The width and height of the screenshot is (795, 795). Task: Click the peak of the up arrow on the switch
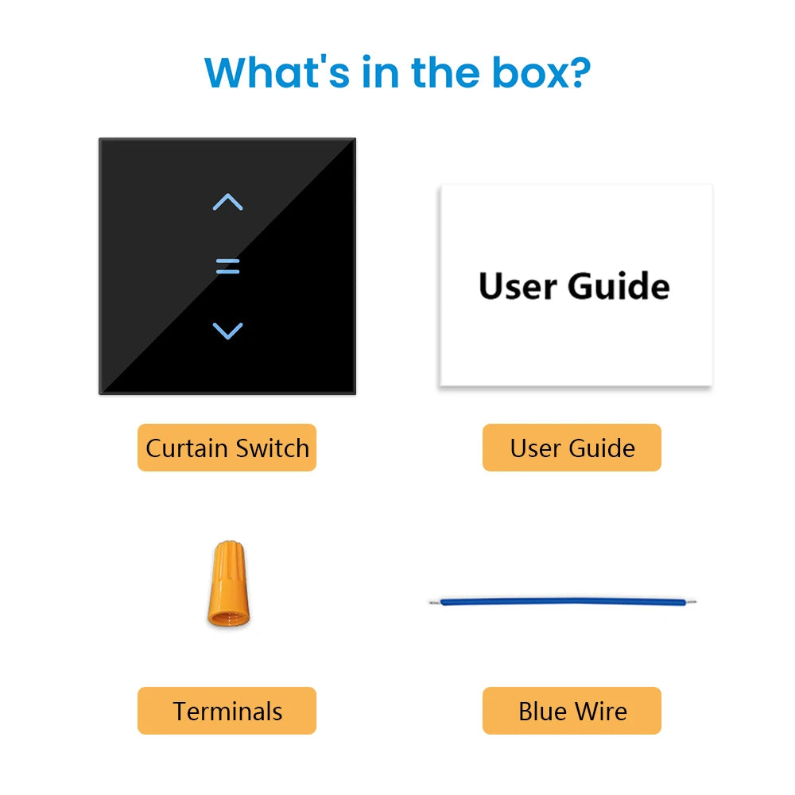tap(227, 194)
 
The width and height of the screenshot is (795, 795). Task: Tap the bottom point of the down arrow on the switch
tap(227, 338)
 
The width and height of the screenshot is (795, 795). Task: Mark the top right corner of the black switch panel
tap(355, 138)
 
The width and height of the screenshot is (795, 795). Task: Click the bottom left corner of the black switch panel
tap(99, 394)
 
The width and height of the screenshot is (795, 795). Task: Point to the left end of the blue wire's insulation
tap(441, 603)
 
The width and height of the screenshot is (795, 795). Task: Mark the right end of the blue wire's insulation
tap(685, 603)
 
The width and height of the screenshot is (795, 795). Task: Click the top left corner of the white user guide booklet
tap(441, 185)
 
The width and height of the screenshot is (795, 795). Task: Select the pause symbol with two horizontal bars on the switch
tap(227, 266)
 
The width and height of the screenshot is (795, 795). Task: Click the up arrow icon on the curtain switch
tap(227, 202)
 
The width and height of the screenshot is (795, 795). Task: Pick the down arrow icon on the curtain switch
tap(227, 331)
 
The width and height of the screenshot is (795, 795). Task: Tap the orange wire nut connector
tap(229, 584)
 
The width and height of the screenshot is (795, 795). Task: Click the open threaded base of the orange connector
tap(229, 618)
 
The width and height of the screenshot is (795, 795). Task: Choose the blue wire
tap(563, 603)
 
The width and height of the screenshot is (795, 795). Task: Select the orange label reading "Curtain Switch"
tap(227, 448)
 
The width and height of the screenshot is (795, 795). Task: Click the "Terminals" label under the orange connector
tap(227, 711)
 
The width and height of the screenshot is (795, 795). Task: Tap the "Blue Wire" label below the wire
tap(572, 711)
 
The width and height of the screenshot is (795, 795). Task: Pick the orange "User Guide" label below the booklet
tap(572, 448)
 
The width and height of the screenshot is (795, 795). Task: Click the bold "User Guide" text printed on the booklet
tap(574, 286)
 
